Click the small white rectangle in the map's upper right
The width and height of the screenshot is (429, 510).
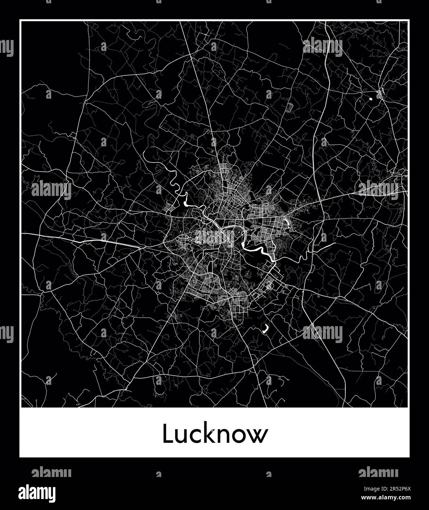coord(370,98)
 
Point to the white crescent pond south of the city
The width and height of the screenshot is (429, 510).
coord(265,328)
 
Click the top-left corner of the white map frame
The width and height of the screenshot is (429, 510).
coord(20,21)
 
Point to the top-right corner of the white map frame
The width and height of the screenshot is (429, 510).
coord(409,21)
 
